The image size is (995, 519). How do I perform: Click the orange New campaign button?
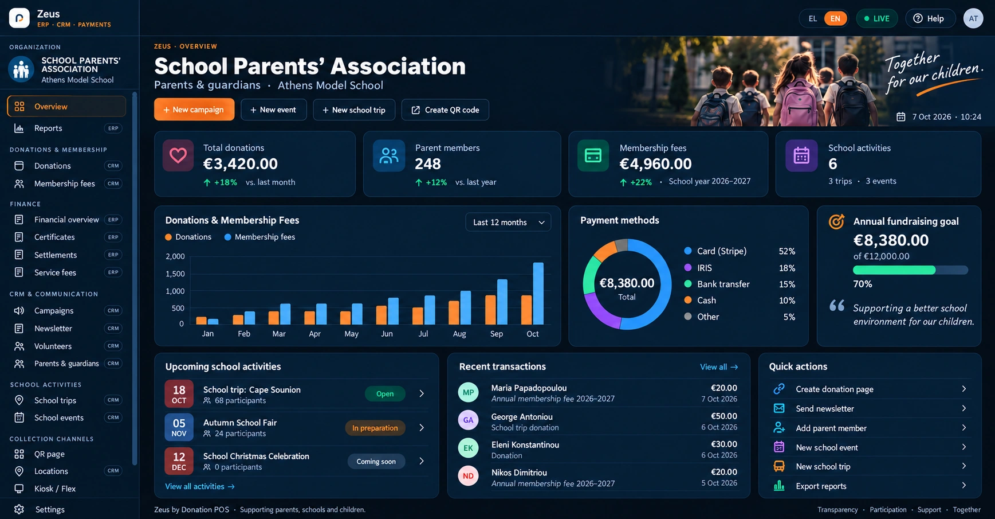pos(194,110)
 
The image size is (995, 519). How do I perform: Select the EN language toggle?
pos(835,18)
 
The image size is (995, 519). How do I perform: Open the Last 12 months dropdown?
pos(508,223)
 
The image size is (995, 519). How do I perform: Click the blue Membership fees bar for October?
pos(538,294)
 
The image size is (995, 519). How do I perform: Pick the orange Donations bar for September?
pos(490,310)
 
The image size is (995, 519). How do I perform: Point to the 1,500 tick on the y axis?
pos(175,274)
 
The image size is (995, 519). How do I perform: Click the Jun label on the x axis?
pos(387,334)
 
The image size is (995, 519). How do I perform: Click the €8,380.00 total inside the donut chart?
pos(627,283)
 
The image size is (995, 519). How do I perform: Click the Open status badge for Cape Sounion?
pos(385,393)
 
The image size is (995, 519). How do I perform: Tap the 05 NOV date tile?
pos(179,427)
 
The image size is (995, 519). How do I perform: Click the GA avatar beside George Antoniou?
pos(469,420)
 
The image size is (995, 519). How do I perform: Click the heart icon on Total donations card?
pos(178,155)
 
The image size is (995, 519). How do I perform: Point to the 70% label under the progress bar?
pos(863,284)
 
